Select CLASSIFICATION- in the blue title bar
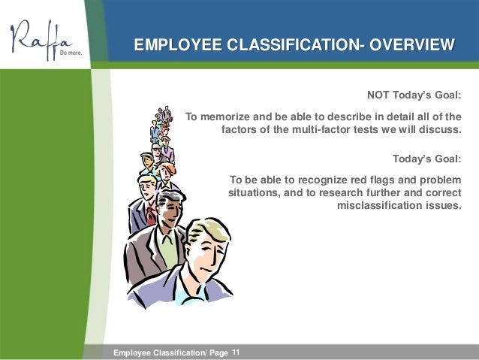(291, 47)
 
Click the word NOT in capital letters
(378, 95)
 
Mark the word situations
(254, 192)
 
